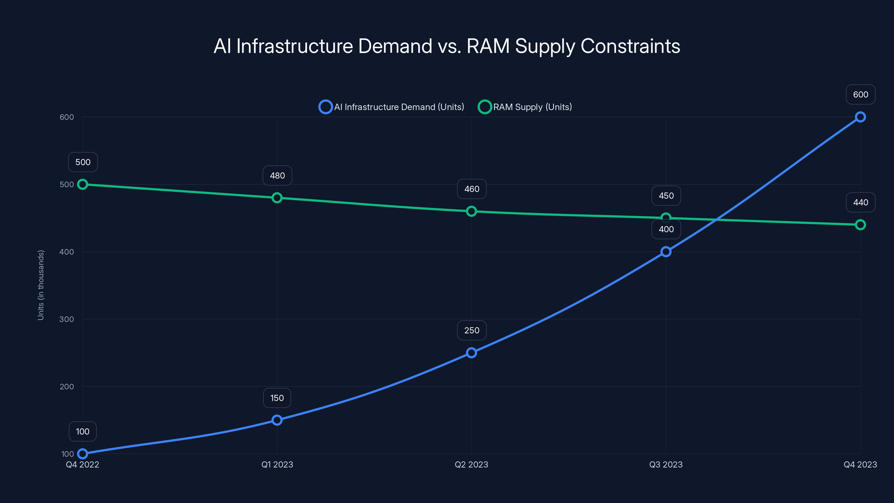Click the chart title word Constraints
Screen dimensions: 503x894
tap(630, 46)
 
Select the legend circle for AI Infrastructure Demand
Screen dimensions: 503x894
tap(325, 107)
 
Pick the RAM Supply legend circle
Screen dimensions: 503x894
tap(484, 107)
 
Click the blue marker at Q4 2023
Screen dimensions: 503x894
tap(860, 117)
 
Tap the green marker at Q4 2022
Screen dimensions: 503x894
tap(83, 184)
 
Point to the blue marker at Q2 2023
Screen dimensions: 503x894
tap(471, 353)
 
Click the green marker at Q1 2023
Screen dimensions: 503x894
tap(277, 198)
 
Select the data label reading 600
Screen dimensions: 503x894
tap(860, 94)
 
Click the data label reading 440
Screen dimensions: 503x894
tap(860, 202)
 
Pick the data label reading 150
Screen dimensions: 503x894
tap(277, 398)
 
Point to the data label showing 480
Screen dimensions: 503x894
tap(277, 176)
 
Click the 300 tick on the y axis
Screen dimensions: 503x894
tap(67, 319)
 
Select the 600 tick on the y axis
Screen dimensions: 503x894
tap(67, 117)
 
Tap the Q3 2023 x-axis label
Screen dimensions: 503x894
tap(666, 464)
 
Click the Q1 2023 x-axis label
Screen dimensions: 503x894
tap(277, 464)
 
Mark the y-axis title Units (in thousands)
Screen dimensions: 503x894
tap(41, 285)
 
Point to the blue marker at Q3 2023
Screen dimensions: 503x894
tap(666, 252)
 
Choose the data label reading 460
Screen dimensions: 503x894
tap(472, 189)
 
